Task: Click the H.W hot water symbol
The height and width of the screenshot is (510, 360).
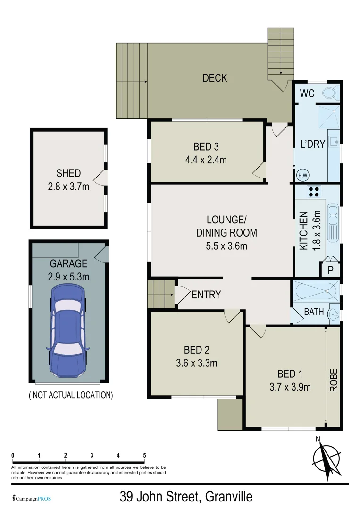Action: pos(302,176)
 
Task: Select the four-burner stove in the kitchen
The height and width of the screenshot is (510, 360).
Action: pos(313,192)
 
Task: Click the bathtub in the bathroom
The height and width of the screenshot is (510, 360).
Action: pos(316,291)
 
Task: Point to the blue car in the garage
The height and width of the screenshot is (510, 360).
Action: pos(68,329)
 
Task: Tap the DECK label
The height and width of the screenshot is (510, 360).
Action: pos(215,78)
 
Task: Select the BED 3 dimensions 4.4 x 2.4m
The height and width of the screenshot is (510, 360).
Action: pos(206,160)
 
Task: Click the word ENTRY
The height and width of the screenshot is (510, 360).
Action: pos(206,295)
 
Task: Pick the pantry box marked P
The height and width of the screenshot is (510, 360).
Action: pos(331,270)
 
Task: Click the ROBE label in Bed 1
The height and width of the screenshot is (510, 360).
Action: pos(334,379)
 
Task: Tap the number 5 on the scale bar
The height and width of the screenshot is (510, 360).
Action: pos(144,455)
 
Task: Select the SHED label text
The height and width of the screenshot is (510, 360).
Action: pos(68,173)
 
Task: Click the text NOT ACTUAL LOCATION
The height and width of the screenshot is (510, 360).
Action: pos(71,395)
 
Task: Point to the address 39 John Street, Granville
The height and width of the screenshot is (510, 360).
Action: pos(186,497)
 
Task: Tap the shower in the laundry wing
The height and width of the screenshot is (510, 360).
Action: pos(328,116)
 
